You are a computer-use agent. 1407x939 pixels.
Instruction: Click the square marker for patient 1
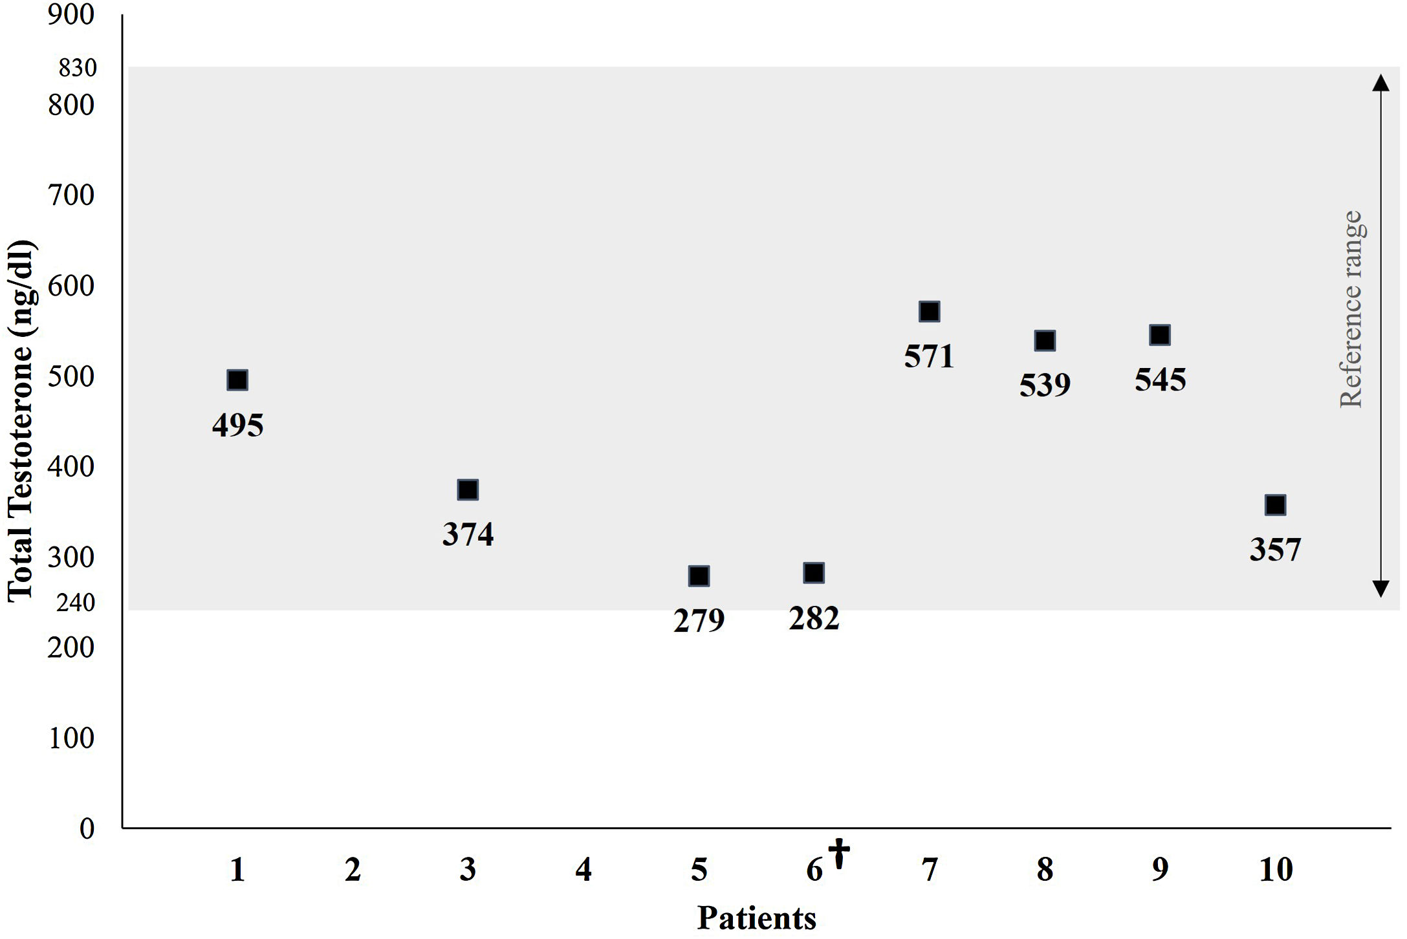237,380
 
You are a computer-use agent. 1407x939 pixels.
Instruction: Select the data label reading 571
929,356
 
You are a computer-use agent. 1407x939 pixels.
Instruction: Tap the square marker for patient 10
1275,505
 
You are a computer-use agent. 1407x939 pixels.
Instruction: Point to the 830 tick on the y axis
78,67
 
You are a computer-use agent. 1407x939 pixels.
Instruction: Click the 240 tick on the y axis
76,603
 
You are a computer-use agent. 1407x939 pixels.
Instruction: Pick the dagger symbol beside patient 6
839,853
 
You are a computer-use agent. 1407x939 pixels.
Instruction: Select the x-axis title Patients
756,918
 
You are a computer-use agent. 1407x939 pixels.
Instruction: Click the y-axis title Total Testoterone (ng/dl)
21,420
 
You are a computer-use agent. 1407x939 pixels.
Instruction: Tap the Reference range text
1351,309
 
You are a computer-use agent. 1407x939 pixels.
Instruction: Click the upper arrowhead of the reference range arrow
1380,83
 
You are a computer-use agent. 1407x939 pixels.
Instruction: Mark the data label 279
699,621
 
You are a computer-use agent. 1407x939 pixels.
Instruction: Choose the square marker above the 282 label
814,573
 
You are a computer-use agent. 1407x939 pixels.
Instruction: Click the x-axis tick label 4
584,870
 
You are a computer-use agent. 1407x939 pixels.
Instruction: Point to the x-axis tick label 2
353,870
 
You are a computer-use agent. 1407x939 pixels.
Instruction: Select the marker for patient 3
468,490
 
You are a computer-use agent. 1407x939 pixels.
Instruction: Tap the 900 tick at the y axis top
71,14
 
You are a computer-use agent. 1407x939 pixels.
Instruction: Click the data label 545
1160,380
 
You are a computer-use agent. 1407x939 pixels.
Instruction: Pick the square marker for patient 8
1045,341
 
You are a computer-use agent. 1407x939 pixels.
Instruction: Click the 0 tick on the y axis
87,828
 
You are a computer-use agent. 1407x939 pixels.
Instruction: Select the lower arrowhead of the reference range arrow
1380,588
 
